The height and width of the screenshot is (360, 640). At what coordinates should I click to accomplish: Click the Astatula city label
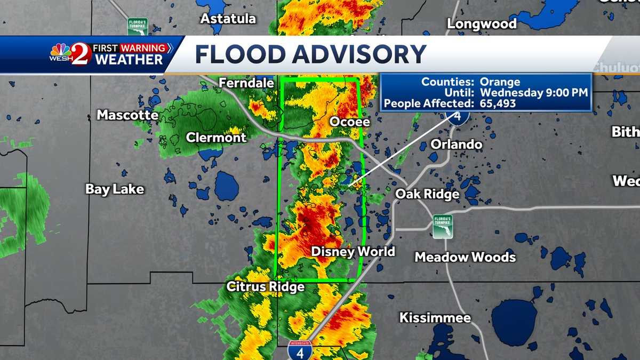tap(228, 19)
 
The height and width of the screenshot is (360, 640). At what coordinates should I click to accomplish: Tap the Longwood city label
tap(482, 24)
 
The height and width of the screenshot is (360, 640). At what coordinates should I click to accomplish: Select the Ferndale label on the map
tap(246, 83)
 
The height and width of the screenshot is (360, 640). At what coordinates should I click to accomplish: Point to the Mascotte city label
tap(127, 115)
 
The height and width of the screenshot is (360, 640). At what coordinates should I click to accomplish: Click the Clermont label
tap(216, 138)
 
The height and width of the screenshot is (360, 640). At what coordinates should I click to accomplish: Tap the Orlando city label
tap(456, 145)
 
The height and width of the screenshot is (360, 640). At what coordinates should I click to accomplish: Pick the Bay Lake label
tap(115, 189)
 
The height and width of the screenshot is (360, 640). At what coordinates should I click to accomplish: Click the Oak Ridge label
tap(427, 195)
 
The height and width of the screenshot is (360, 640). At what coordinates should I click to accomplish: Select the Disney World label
tap(353, 251)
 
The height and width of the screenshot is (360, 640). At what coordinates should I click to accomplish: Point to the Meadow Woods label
tap(465, 257)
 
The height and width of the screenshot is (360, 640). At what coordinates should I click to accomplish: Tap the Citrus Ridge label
tap(266, 287)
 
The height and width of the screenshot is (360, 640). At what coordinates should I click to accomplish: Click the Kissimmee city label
tap(435, 318)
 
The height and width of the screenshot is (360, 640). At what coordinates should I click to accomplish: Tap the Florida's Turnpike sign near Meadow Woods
tap(443, 226)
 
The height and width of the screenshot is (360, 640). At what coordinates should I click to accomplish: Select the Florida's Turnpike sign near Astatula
tap(138, 27)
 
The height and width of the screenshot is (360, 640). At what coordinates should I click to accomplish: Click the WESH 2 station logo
tap(71, 54)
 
